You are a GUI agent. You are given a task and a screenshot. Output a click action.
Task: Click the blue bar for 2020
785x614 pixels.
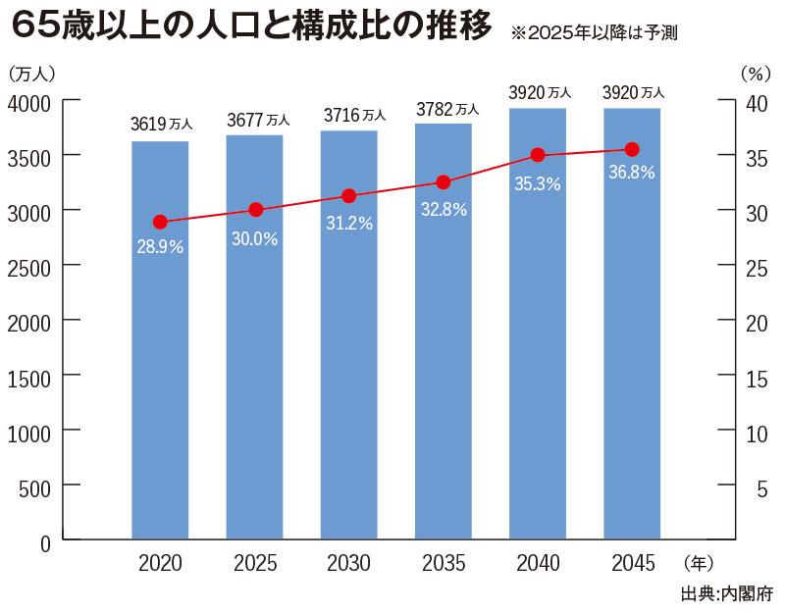coord(160,392)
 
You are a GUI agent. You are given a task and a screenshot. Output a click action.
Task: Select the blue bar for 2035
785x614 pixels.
coord(444,392)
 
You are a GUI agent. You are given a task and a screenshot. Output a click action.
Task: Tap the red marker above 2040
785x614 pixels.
coord(538,155)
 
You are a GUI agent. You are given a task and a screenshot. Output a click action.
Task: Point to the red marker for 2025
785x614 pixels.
coord(256,210)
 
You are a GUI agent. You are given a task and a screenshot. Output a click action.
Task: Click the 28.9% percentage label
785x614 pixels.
coord(160,247)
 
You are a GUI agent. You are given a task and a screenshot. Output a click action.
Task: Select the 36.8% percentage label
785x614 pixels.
coord(631,173)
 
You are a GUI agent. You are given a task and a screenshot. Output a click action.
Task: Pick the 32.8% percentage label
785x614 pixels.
coord(444,208)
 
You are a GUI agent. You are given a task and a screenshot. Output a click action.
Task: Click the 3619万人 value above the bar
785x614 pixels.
coord(162,125)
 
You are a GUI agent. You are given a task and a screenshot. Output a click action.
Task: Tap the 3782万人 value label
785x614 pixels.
coord(446,109)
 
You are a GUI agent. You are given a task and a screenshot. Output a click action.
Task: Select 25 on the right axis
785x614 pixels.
coord(754,266)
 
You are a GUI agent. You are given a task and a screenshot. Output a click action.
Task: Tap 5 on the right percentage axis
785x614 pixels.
coord(761,486)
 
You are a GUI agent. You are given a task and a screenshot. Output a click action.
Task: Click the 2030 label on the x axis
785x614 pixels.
coord(349,564)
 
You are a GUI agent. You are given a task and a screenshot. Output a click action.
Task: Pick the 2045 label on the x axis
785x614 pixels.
coord(632,564)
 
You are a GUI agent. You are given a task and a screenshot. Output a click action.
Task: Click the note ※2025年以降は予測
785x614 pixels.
coord(595,32)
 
